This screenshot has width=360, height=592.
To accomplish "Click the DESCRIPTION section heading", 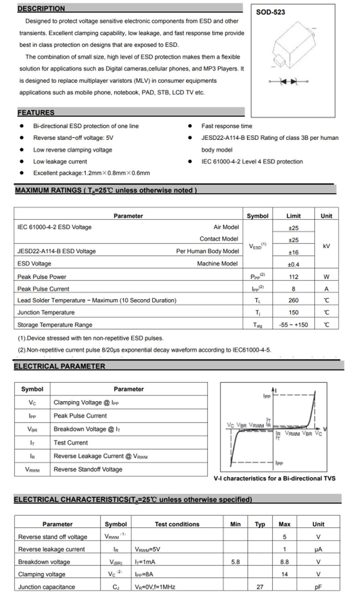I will click(x=41, y=9).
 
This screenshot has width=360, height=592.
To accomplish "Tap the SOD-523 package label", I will click(x=270, y=12).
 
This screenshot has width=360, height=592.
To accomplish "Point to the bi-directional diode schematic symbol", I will click(x=288, y=81).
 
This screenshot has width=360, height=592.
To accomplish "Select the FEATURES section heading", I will click(x=36, y=112).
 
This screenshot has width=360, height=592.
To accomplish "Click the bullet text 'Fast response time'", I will click(x=226, y=126).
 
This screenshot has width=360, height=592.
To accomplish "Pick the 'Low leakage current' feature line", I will click(x=60, y=162).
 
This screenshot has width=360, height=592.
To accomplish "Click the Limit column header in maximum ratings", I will click(x=293, y=216).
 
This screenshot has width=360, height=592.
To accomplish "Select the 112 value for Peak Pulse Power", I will click(x=293, y=277).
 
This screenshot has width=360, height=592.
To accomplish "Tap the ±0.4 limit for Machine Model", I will click(x=293, y=264).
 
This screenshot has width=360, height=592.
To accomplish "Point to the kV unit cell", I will click(x=326, y=246).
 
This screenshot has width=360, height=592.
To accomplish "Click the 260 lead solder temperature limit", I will click(x=293, y=301).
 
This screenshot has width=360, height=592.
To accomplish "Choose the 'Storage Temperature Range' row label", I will click(x=55, y=325).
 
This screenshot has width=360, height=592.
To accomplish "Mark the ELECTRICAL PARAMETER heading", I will click(x=59, y=366).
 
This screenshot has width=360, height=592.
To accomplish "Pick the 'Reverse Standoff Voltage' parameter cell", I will click(x=88, y=470).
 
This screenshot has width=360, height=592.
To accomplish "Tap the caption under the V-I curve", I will click(x=274, y=479).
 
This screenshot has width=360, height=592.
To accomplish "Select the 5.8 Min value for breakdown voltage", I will click(x=236, y=562).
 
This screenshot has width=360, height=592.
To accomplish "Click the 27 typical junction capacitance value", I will click(x=260, y=587).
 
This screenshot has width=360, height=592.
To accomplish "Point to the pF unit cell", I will click(x=318, y=587).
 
